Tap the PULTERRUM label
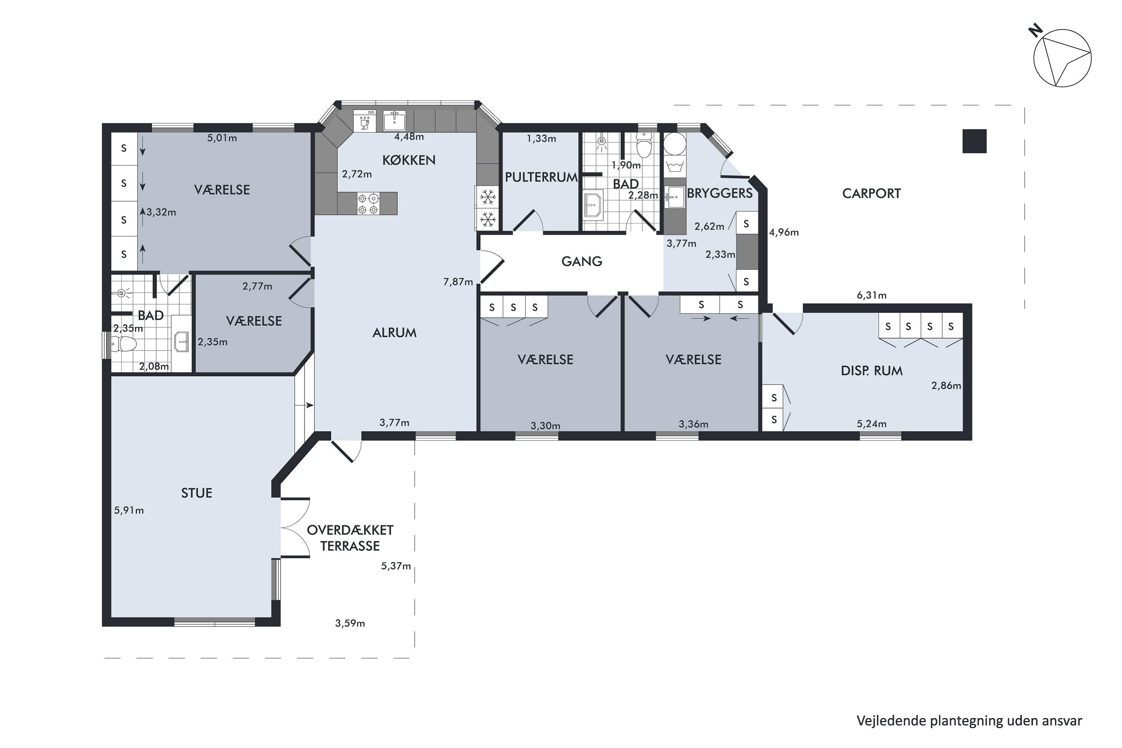(541, 177)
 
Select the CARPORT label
(871, 193)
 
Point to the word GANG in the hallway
(582, 261)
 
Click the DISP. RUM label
(871, 371)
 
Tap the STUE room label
(197, 493)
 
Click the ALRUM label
(395, 332)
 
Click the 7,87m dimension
(458, 282)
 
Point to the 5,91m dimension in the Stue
(129, 511)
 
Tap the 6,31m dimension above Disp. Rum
(871, 295)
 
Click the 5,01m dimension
(222, 138)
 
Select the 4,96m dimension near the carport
(784, 232)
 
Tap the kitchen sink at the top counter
(395, 121)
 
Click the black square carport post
(974, 141)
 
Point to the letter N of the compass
(1035, 32)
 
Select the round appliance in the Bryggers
(675, 144)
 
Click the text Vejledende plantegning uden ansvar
(969, 721)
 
